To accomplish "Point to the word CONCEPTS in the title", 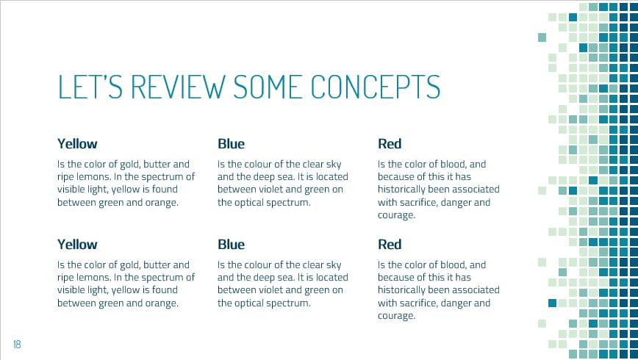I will pyautogui.click(x=376, y=86).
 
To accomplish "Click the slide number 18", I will pyautogui.click(x=16, y=344).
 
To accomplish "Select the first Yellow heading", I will pyautogui.click(x=77, y=144).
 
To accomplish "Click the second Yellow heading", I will pyautogui.click(x=77, y=244).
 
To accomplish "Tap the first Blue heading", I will pyautogui.click(x=232, y=144).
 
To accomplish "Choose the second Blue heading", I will pyautogui.click(x=232, y=244).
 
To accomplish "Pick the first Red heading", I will pyautogui.click(x=390, y=144).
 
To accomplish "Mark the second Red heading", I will pyautogui.click(x=390, y=244).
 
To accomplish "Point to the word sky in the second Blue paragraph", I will pyautogui.click(x=334, y=264).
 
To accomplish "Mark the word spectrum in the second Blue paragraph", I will pyautogui.click(x=289, y=302).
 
